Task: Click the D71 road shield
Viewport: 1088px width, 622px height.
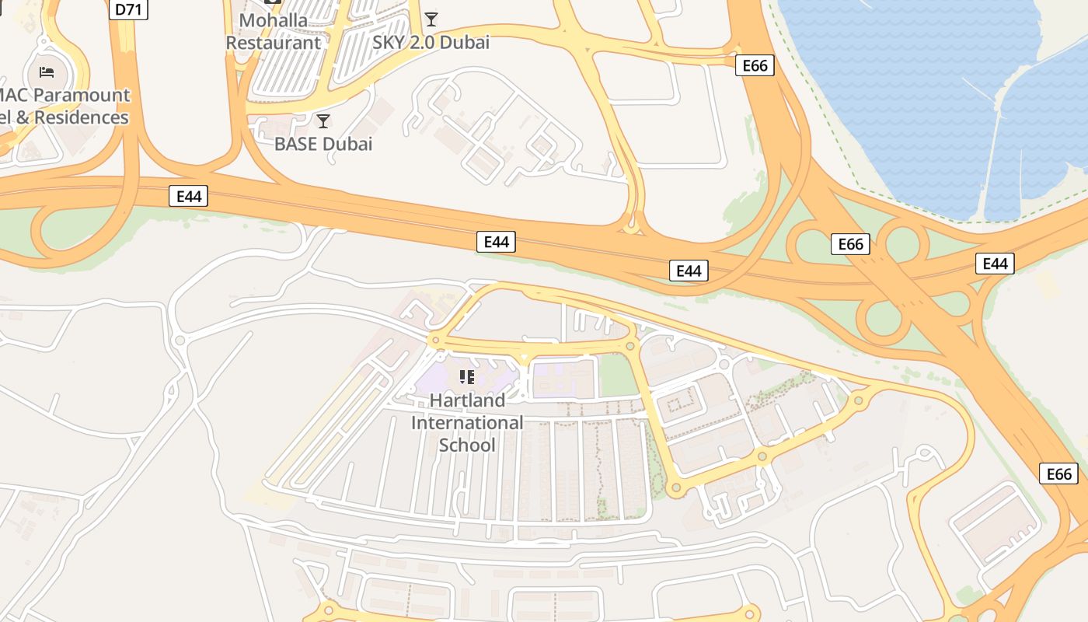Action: pyautogui.click(x=129, y=9)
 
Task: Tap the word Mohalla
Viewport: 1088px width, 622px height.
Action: pyautogui.click(x=274, y=20)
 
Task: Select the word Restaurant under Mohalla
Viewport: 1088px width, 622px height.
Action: pyautogui.click(x=274, y=42)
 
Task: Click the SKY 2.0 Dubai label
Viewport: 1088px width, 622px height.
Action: pyautogui.click(x=431, y=42)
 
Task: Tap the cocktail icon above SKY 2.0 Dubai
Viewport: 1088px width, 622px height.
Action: pyautogui.click(x=431, y=19)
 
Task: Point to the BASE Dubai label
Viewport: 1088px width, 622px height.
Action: pyautogui.click(x=323, y=144)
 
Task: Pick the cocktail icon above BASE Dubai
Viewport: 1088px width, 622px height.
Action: pyautogui.click(x=323, y=121)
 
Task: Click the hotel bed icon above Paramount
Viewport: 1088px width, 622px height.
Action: pyautogui.click(x=47, y=72)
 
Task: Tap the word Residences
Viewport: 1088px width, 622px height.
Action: pyautogui.click(x=82, y=117)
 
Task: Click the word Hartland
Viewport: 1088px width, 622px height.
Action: pyautogui.click(x=467, y=400)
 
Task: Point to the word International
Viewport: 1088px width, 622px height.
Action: pyautogui.click(x=467, y=423)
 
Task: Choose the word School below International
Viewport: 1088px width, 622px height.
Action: pyautogui.click(x=467, y=445)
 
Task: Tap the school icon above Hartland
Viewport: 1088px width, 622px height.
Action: pyautogui.click(x=467, y=378)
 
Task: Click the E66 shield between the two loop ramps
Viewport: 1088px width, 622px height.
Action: pyautogui.click(x=850, y=244)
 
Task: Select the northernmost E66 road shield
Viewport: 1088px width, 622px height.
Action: pyautogui.click(x=755, y=66)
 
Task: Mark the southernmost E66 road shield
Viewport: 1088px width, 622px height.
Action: pyautogui.click(x=1058, y=473)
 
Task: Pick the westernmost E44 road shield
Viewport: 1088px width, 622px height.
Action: pyautogui.click(x=188, y=196)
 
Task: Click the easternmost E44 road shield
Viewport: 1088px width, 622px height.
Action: pyautogui.click(x=995, y=264)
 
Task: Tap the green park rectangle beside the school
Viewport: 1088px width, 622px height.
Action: pyautogui.click(x=618, y=376)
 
